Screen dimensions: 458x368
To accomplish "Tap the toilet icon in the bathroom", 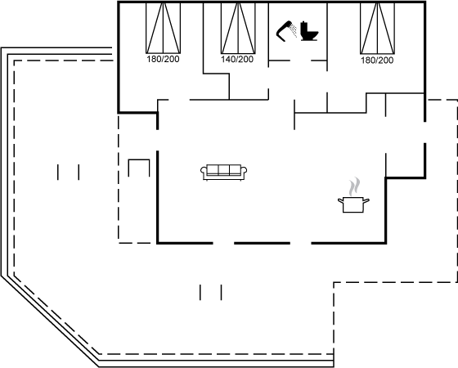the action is point(309,31).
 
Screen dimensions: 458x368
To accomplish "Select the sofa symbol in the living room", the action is point(224,173).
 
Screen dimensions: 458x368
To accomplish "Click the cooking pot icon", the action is point(353,204).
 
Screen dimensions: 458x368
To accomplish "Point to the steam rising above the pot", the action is point(354,186).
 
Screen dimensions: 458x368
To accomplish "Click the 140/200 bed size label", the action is point(237,59).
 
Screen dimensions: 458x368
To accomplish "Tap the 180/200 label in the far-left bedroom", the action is point(163,59).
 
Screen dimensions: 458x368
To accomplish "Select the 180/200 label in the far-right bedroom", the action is point(377,61).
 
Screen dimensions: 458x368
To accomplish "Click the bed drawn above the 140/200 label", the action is point(238,29).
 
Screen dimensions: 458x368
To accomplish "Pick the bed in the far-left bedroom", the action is point(163,29).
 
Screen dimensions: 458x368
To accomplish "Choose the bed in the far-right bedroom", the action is point(377,29).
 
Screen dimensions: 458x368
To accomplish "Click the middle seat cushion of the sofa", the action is point(224,170).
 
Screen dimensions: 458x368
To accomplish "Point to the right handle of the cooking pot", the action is point(366,200).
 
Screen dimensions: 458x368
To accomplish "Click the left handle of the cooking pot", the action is point(341,200).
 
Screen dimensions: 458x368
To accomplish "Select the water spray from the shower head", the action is point(294,31).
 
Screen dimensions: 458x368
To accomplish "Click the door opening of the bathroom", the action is point(301,61).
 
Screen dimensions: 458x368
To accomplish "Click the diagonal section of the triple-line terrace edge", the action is point(50,321).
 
